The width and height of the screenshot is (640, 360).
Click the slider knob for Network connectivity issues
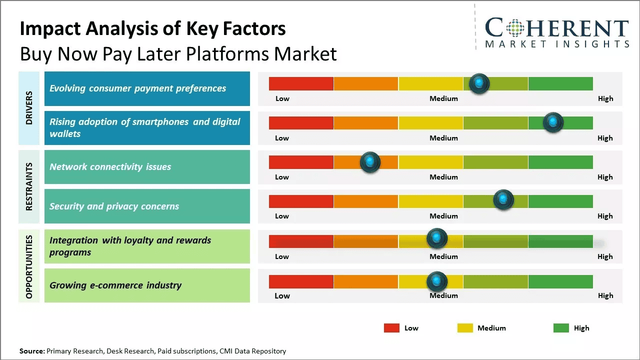[x=370, y=162]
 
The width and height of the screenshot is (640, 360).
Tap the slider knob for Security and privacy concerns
[x=503, y=200]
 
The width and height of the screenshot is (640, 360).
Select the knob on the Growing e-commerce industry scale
[x=437, y=281]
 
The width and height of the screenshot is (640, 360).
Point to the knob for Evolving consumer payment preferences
[x=479, y=83]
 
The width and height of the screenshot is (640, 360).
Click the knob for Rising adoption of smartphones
[x=553, y=122]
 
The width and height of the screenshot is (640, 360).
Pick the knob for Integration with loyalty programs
[x=437, y=238]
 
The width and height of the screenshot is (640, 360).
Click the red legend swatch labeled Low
[x=391, y=328]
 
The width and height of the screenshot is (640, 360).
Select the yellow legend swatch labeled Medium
[x=465, y=328]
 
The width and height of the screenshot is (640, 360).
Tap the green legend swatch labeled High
[x=561, y=328]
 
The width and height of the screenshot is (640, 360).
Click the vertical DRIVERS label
[x=29, y=108]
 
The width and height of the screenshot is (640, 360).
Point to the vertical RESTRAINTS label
[x=29, y=186]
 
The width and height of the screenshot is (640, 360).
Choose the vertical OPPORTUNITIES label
[x=29, y=266]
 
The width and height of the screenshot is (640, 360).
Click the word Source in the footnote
[x=31, y=351]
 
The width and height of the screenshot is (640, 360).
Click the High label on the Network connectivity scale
[x=605, y=177]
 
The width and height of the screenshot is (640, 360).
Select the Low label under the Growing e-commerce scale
[x=282, y=295]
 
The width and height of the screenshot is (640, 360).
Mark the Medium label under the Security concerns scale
[x=443, y=216]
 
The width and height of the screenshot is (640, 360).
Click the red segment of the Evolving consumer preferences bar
[x=301, y=83]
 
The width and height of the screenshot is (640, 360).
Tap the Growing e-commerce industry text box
[x=147, y=285]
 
